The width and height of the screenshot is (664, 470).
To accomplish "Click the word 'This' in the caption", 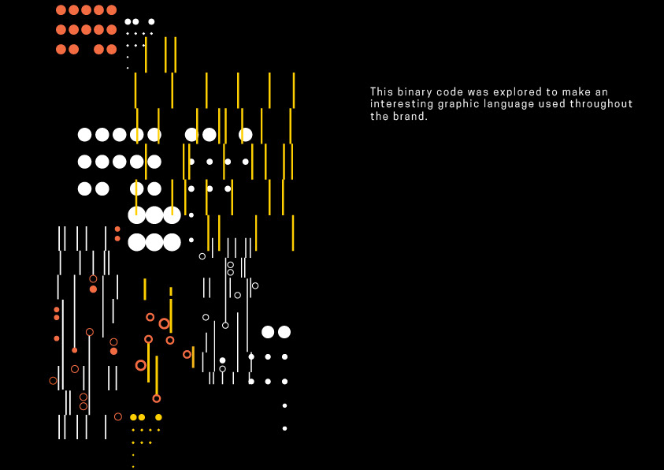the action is pyautogui.click(x=382, y=92).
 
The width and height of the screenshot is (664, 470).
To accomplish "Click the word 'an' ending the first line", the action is pyautogui.click(x=602, y=92).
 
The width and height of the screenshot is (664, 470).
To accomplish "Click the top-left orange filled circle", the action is pyautogui.click(x=61, y=10).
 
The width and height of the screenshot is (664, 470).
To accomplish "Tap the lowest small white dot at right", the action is pyautogui.click(x=284, y=428).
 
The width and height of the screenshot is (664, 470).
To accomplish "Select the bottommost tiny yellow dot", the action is pyautogui.click(x=133, y=466).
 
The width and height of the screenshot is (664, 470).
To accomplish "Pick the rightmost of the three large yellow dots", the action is pyautogui.click(x=158, y=417).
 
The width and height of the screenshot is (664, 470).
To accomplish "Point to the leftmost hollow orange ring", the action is pyautogui.click(x=53, y=381).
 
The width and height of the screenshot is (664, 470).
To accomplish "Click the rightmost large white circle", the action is pyautogui.click(x=284, y=332).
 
